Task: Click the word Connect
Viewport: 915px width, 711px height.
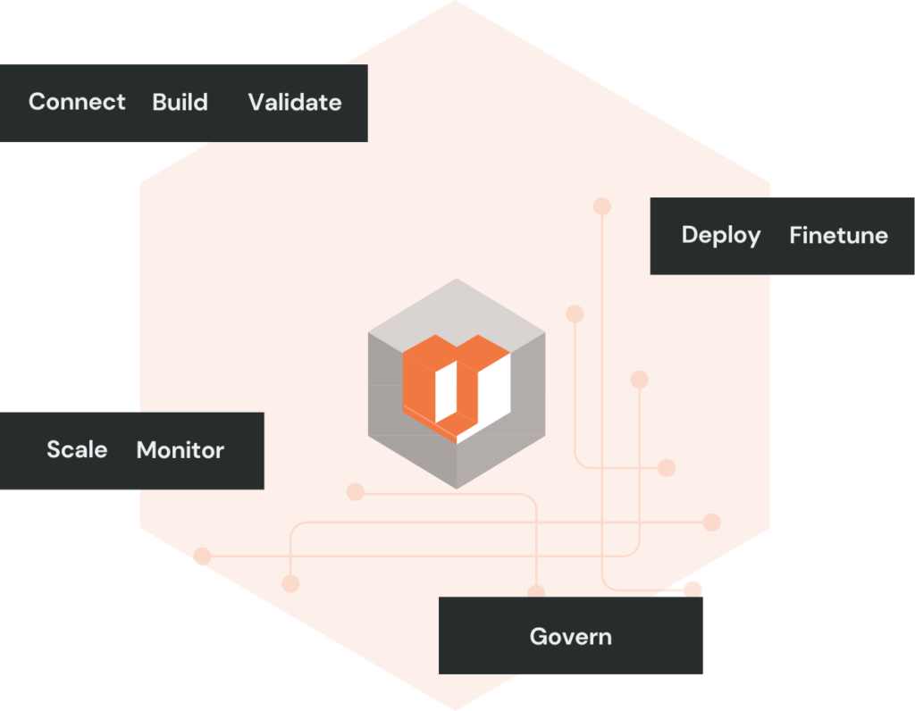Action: pos(77,102)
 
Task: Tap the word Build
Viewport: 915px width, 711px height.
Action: pos(180,102)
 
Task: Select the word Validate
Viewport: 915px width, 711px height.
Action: pos(295,103)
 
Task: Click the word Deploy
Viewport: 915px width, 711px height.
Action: pos(721,236)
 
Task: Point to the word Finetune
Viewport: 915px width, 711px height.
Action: pos(838,236)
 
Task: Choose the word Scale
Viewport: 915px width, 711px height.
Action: pos(77,449)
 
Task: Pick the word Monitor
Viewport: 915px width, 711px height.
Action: pos(180,450)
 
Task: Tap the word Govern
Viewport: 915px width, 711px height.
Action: pos(570,637)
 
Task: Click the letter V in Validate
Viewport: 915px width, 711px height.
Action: pos(256,103)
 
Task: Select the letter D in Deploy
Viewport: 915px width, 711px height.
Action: pos(689,236)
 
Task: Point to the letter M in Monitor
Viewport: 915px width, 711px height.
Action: pos(147,450)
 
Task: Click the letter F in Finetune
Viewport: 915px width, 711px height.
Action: pos(795,236)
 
